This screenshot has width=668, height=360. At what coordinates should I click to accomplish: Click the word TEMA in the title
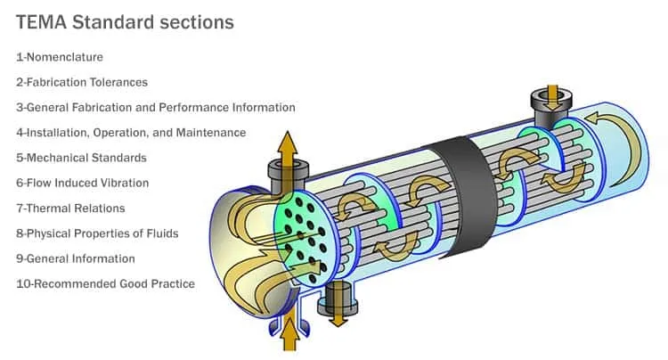41,22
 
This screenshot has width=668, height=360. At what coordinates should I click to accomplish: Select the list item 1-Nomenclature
60,57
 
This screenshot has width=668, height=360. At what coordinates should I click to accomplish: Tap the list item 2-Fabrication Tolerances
82,82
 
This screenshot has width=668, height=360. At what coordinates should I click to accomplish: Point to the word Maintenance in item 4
211,133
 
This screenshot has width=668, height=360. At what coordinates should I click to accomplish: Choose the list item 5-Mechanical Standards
81,158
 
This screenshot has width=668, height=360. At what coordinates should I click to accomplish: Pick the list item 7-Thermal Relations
70,208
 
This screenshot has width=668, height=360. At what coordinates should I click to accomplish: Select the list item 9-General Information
76,258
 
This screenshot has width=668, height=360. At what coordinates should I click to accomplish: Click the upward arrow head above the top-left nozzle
288,143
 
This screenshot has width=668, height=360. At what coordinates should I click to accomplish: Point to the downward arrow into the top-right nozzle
552,96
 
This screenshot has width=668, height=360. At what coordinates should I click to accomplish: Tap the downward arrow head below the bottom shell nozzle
338,320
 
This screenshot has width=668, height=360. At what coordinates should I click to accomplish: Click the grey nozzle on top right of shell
551,107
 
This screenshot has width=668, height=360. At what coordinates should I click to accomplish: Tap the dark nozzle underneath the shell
338,299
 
